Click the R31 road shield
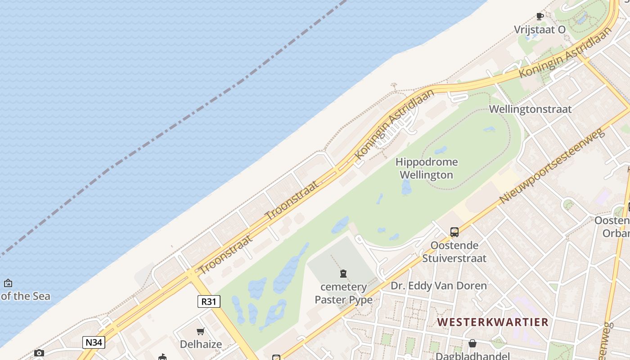209,301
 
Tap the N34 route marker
94,342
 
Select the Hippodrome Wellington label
426,168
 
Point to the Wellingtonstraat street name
530,109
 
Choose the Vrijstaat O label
540,30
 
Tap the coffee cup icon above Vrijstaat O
540,17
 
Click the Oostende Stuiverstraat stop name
454,252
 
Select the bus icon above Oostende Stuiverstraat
454,232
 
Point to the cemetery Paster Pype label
343,293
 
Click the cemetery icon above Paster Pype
343,273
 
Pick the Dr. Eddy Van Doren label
438,286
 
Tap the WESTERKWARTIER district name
493,322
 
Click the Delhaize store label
201,344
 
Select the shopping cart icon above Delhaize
201,332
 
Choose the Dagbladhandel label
472,356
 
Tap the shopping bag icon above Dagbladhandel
472,343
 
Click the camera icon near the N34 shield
39,353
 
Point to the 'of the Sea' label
26,296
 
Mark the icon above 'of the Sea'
8,283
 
